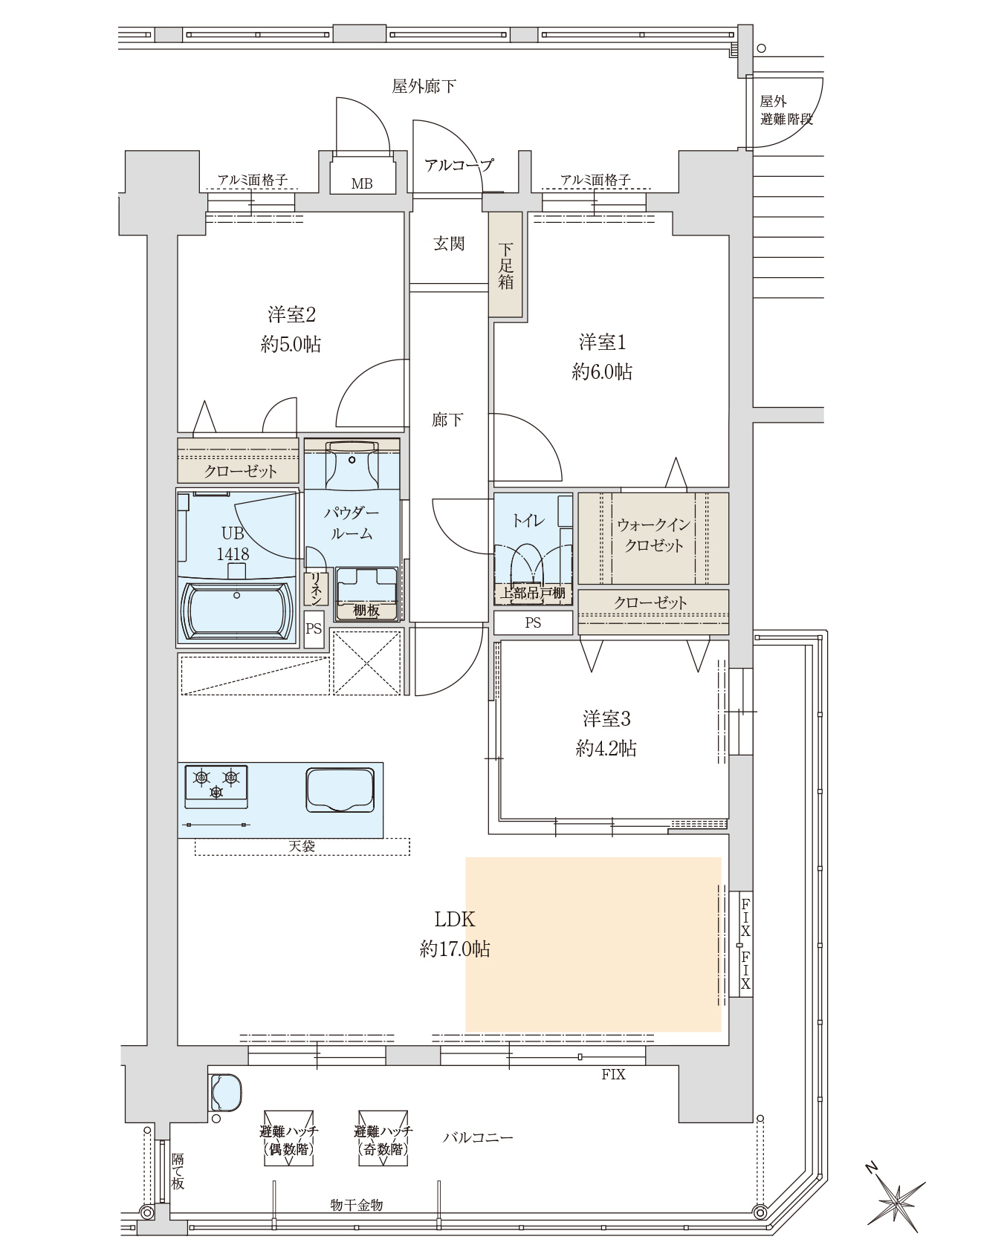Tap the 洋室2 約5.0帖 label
[x=291, y=329]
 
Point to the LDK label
[x=455, y=920]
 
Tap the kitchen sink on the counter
[x=340, y=790]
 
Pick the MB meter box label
[x=362, y=183]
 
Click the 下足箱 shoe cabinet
[x=506, y=264]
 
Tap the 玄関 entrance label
[x=449, y=243]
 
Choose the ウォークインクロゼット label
[x=654, y=535]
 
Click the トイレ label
[x=528, y=520]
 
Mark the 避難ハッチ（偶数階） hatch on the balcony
[x=288, y=1138]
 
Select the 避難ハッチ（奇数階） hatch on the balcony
[x=383, y=1138]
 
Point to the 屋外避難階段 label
[x=786, y=110]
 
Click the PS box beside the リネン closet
[x=314, y=629]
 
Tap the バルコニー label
[x=478, y=1137]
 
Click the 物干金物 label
[x=356, y=1205]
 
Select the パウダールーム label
[x=352, y=523]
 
